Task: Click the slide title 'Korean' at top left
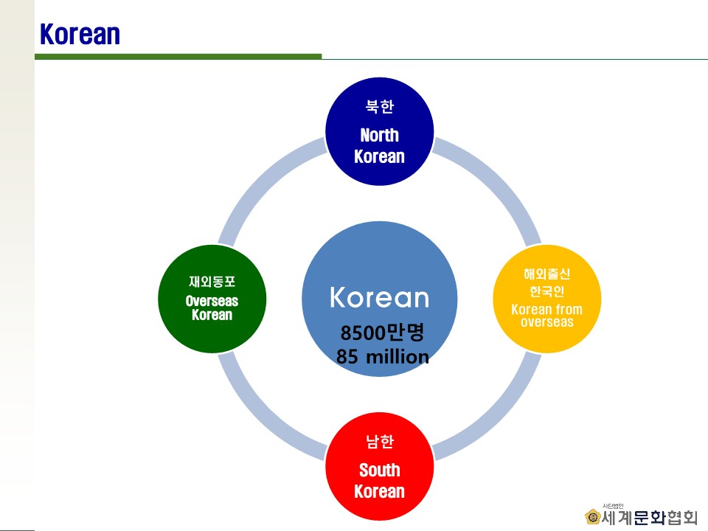80,34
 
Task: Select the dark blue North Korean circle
379,131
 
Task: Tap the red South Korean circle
379,466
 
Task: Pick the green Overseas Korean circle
212,299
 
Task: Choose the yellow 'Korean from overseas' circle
546,299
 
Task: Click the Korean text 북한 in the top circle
380,106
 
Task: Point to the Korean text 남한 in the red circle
380,441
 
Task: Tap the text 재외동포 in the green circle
212,282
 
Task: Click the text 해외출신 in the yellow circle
546,274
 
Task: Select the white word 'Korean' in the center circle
379,297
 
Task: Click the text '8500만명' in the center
382,333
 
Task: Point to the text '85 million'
383,357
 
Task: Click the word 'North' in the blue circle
379,135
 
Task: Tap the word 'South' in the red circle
379,470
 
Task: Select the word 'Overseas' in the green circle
212,301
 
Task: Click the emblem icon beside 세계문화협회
592,516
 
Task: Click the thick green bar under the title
178,57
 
